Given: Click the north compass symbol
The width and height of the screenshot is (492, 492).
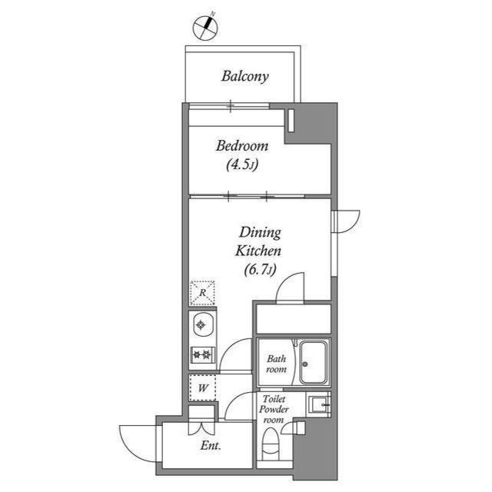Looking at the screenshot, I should point(204,27).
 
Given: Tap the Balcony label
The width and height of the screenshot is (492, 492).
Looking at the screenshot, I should point(244,76).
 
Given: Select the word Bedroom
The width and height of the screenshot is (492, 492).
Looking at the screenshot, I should point(241,146).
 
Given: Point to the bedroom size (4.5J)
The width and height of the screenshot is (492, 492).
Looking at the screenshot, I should point(241,164).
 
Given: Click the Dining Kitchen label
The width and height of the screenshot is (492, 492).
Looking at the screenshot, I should point(259,241).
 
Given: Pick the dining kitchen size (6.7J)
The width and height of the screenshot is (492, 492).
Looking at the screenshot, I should point(259,268).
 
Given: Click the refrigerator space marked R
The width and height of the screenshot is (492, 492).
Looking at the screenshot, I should point(202,293).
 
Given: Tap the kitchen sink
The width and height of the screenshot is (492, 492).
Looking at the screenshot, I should point(202,325).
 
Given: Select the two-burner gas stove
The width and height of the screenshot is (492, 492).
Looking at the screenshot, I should point(202,354).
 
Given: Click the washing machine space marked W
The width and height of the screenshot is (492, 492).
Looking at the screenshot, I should point(202,387).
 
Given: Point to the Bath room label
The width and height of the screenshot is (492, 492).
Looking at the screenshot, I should point(276,364).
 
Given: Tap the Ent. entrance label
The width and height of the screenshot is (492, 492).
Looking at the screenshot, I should point(211,446).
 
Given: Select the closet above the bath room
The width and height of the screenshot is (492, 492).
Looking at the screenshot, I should point(292,318).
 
